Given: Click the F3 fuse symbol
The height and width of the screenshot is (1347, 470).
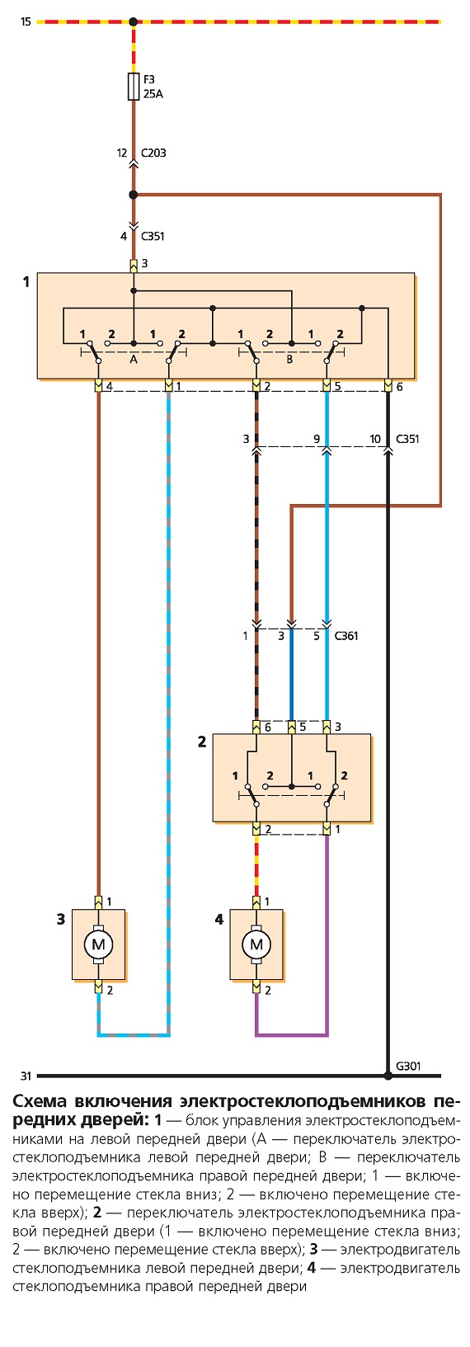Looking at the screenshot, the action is coord(134,87).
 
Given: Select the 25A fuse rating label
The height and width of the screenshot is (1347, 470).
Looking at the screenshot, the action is coord(153,94).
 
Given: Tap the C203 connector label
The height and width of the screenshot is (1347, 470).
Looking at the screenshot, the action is coord(153,153).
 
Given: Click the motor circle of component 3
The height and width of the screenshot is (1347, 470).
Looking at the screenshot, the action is coord(98,944).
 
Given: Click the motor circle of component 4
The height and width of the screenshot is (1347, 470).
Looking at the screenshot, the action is coord(256,944).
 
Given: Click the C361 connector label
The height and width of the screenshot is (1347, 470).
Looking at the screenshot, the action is coord(346,636).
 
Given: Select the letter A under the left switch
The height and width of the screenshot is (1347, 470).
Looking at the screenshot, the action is coord(134,359).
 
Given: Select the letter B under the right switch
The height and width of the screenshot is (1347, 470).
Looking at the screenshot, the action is coord(289,359).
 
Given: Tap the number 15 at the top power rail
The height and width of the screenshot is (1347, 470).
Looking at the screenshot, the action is coord(26,22).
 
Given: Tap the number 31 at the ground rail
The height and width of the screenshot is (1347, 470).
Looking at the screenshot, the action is coord(26,1076).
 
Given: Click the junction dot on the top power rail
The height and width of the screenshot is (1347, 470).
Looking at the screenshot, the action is coord(134,22).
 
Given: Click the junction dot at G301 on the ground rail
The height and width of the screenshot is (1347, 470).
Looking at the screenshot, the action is coord(388,1075).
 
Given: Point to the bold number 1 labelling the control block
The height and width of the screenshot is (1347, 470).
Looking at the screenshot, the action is coord(26,281).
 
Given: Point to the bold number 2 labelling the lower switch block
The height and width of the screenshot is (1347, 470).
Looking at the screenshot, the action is coord(202,742).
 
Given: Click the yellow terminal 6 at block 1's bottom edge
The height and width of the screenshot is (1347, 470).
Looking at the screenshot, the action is coord(388,385).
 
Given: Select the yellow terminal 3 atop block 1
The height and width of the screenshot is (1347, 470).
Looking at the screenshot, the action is coord(134,265).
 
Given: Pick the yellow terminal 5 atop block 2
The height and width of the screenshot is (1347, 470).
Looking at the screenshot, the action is coord(292,727).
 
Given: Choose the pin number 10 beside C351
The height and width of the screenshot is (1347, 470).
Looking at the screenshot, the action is coord(376,439).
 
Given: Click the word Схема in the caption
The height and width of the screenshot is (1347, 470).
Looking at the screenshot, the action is coord(40,1102).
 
